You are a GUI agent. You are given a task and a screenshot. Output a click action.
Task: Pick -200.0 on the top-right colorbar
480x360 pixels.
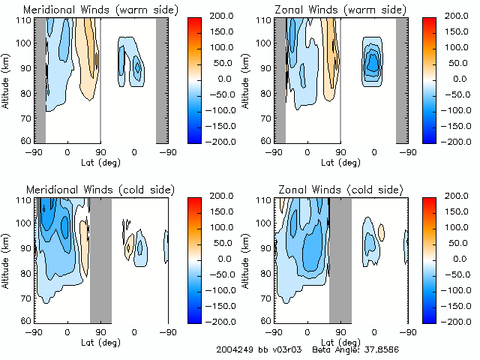pos(459,141)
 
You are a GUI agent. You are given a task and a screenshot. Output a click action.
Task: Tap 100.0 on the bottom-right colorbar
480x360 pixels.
pos(459,226)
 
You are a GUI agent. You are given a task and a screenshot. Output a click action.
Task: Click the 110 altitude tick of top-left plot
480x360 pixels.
pos(22,19)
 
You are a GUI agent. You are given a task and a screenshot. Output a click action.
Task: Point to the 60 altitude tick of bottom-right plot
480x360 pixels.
pos(265,320)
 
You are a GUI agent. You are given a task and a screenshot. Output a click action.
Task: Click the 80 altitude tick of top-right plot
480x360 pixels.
pos(265,92)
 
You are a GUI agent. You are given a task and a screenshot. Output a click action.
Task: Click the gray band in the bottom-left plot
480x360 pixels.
pos(100,259)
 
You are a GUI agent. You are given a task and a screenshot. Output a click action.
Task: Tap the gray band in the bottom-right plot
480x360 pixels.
pos(340,259)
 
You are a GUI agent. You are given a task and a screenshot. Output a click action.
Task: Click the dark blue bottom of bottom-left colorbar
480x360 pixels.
pos(193,315)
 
